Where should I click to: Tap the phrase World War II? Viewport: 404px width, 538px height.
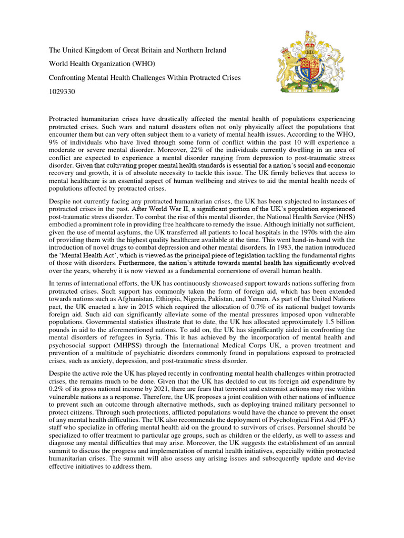pos(181,209)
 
